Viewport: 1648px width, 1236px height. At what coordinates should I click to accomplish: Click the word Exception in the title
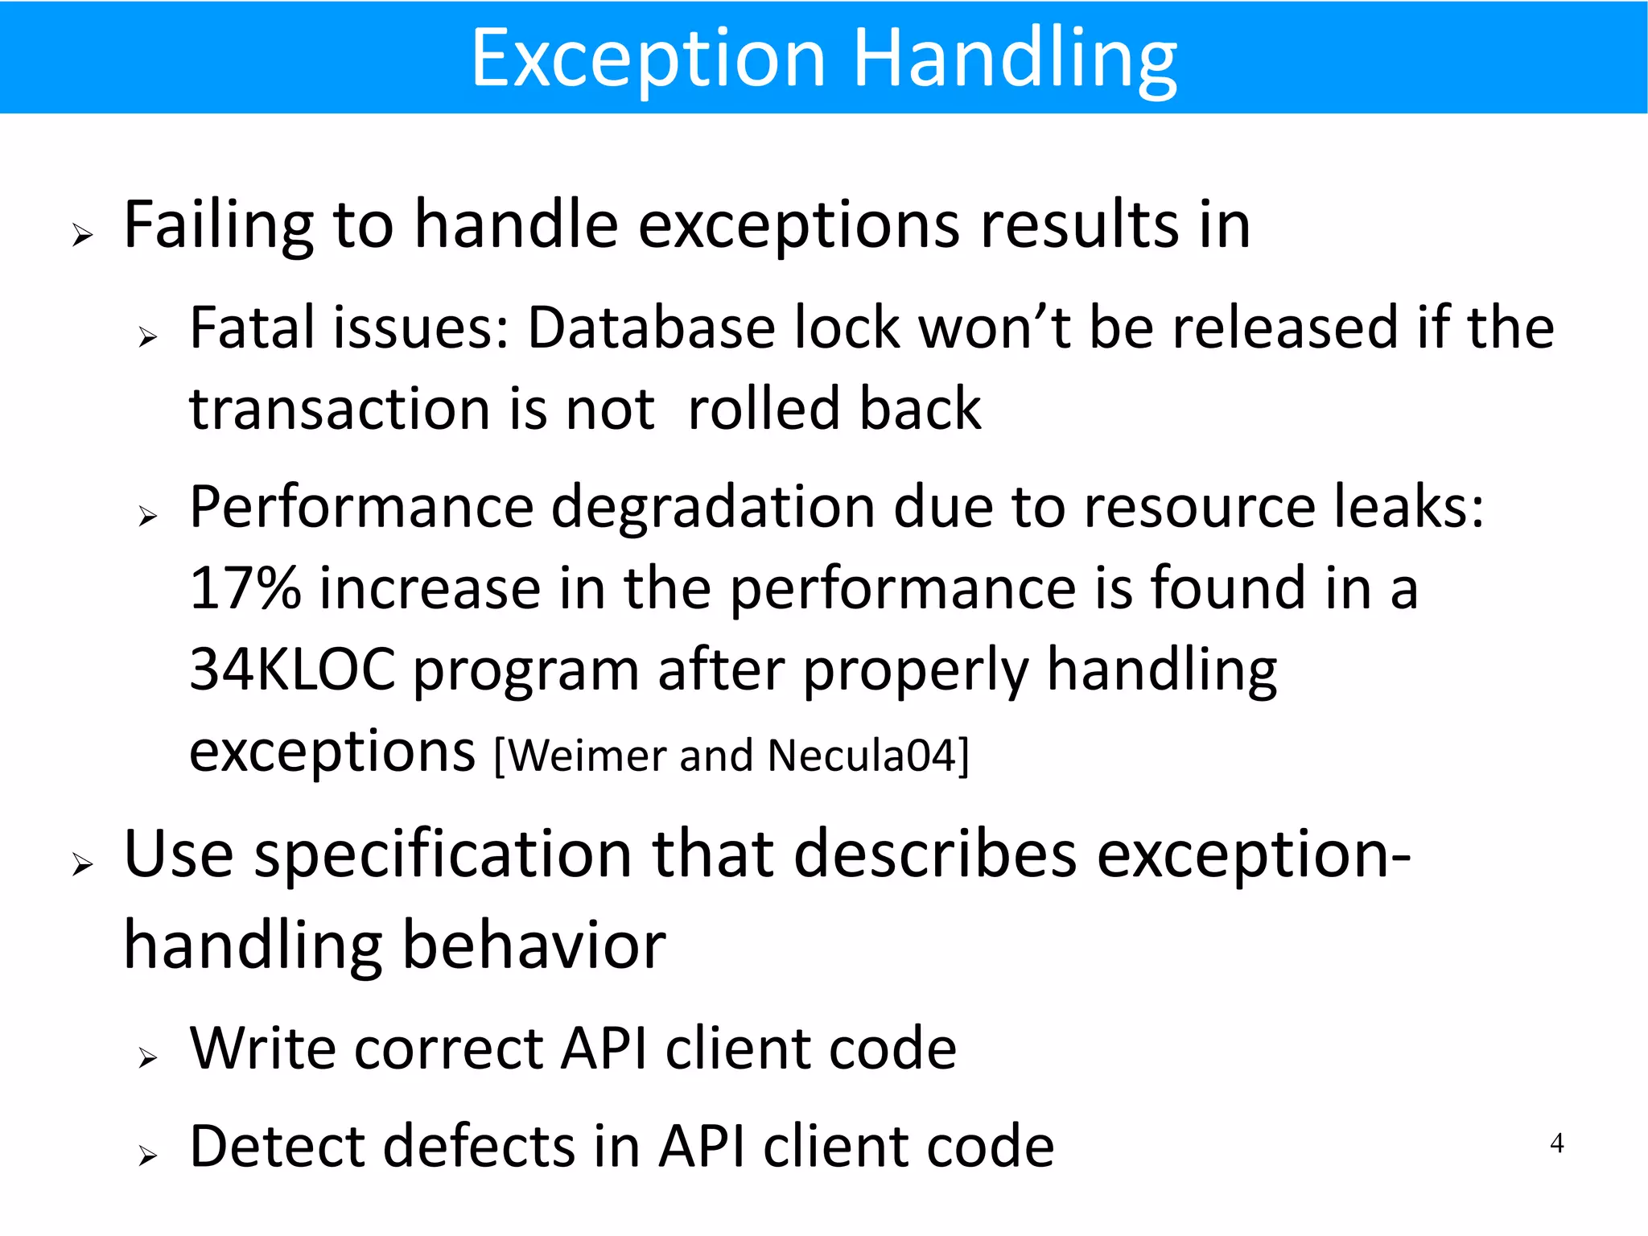tap(648, 58)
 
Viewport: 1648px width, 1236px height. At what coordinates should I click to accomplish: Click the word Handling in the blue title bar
tap(1015, 58)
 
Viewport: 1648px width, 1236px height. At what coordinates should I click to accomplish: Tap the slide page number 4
tap(1556, 1143)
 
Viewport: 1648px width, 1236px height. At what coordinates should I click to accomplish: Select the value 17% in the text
tap(245, 588)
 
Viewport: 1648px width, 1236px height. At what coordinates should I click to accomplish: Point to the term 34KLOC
tap(292, 669)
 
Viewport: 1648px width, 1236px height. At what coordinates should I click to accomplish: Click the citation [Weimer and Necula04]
tap(731, 756)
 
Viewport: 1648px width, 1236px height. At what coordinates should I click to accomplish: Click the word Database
tap(651, 328)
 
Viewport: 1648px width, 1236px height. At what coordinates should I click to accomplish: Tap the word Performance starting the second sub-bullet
tap(361, 509)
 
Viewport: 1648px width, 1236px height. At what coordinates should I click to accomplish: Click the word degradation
tap(713, 509)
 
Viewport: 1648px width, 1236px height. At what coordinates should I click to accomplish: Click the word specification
tap(443, 855)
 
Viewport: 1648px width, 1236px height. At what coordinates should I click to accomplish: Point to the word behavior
tap(533, 945)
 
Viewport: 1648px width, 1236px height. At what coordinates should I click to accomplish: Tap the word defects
tap(479, 1146)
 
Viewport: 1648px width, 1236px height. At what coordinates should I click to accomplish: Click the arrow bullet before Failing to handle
tap(82, 236)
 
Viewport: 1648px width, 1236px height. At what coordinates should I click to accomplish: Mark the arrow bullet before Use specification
tap(82, 865)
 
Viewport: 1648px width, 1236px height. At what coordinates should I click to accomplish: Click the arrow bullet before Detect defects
tap(147, 1156)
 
